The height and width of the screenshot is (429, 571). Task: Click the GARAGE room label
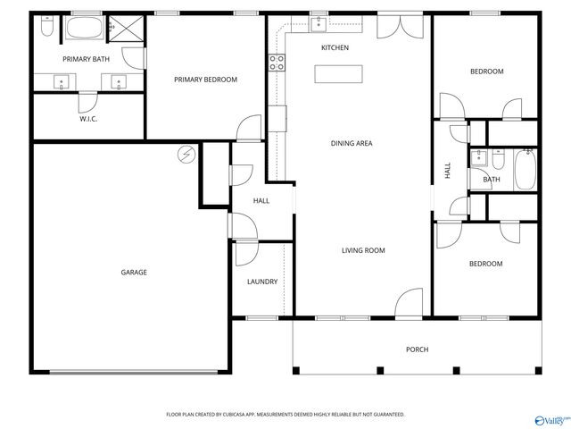134,272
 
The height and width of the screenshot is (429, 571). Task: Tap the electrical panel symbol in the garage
186,155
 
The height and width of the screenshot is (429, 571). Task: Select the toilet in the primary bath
46,28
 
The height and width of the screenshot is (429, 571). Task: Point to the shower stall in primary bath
126,30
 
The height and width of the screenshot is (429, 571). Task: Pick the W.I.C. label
87,118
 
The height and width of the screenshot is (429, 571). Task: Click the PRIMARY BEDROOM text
205,80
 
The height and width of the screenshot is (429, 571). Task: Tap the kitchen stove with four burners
277,62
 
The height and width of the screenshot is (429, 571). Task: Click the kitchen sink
317,21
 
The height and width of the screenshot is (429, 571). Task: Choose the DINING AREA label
352,143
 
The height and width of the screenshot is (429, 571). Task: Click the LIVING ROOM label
363,250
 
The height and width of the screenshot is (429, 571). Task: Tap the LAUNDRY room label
262,282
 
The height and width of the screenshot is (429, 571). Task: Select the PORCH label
417,349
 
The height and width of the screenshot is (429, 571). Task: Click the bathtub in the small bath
524,169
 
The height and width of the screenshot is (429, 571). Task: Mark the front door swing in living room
410,304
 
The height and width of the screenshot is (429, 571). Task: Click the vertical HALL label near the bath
447,171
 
